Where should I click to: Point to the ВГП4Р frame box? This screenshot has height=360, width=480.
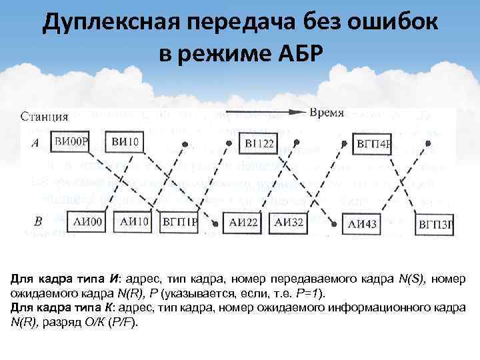pyautogui.click(x=374, y=143)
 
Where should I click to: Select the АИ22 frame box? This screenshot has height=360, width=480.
pyautogui.click(x=245, y=223)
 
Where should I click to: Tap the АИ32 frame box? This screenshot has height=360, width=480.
pyautogui.click(x=289, y=223)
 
